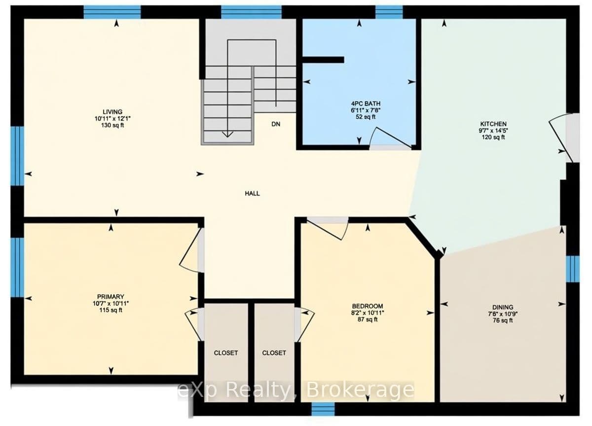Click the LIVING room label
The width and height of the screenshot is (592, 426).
point(112,112)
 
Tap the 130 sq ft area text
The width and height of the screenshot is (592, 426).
point(112,125)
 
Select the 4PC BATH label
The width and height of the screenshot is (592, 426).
point(366,104)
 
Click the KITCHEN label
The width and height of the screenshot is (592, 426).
point(493,124)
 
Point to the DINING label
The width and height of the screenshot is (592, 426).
point(503,307)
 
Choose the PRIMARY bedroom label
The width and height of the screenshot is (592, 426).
point(111,297)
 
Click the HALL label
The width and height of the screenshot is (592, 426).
point(253,193)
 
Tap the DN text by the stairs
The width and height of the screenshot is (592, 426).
point(276,124)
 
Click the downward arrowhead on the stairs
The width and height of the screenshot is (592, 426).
point(227,134)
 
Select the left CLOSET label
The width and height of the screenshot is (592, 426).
point(226,353)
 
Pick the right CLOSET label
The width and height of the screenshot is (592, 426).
point(274,353)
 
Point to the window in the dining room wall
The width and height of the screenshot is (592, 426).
point(572,269)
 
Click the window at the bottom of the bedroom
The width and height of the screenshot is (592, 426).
point(323,409)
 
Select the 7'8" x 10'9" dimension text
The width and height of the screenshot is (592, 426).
point(503,314)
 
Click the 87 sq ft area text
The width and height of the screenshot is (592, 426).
point(368,319)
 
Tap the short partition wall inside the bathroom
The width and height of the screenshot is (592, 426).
point(323,60)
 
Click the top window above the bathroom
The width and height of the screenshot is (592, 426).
point(389,12)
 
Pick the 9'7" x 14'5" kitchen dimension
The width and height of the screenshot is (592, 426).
point(493,131)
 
